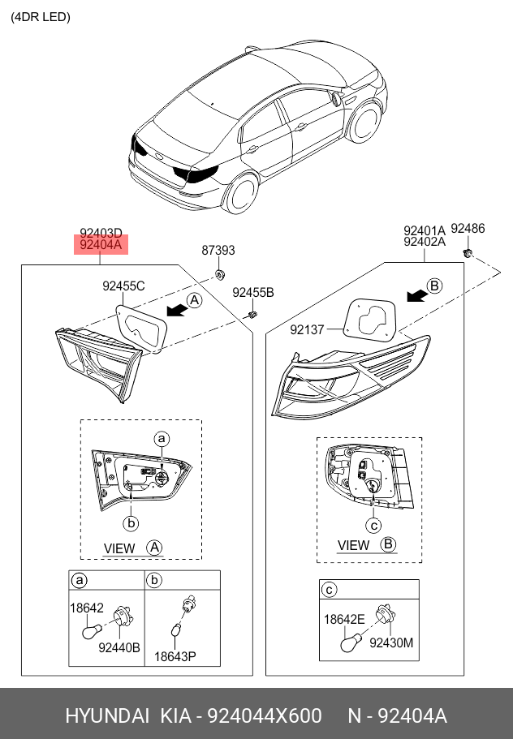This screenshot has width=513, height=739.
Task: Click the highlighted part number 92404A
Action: coord(101,244)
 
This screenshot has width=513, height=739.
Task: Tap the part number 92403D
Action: coord(101,233)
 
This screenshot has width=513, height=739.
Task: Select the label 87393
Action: coord(218,251)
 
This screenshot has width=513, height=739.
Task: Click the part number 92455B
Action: coord(253,292)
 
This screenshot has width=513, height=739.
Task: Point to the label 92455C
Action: coord(123,286)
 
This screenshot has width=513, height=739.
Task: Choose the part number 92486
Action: coord(468,229)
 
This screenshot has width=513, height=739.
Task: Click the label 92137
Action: coord(307,329)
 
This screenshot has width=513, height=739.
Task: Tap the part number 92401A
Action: coord(425,230)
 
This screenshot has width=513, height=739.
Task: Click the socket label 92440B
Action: coord(119,647)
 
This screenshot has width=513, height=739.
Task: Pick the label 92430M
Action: coord(391,642)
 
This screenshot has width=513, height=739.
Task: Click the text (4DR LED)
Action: coord(41,17)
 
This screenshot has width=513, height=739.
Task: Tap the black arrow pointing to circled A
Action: coord(175,308)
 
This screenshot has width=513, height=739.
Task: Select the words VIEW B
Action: coord(366,545)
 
